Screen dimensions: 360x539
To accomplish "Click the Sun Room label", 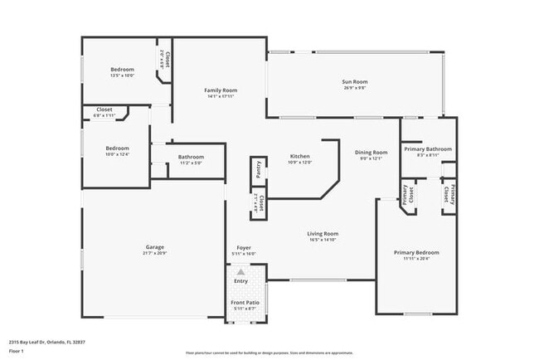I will [x=355, y=81].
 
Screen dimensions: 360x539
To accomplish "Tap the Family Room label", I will [x=221, y=90].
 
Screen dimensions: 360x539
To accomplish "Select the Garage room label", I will [x=154, y=246].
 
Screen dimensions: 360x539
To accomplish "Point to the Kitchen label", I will [x=299, y=157].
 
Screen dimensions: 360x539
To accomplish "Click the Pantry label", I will [x=259, y=168].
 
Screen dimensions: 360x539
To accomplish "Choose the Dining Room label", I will [x=371, y=153].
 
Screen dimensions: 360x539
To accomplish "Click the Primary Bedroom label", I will [x=416, y=252].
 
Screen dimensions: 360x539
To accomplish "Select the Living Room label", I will [x=323, y=234].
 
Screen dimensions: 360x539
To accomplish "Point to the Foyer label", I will [x=244, y=248].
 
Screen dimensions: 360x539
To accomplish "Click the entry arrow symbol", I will [x=240, y=271].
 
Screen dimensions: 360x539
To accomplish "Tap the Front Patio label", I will [x=244, y=303].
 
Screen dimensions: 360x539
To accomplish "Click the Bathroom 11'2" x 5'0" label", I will [x=190, y=157].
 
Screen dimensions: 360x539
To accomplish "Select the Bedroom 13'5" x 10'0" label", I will [x=122, y=69].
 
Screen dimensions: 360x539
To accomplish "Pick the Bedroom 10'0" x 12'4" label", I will [x=117, y=148].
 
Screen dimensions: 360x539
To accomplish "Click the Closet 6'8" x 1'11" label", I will [x=104, y=109].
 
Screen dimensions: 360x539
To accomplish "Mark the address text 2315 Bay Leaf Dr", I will [x=46, y=341].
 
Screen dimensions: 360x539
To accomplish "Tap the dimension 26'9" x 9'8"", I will [x=355, y=87].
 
